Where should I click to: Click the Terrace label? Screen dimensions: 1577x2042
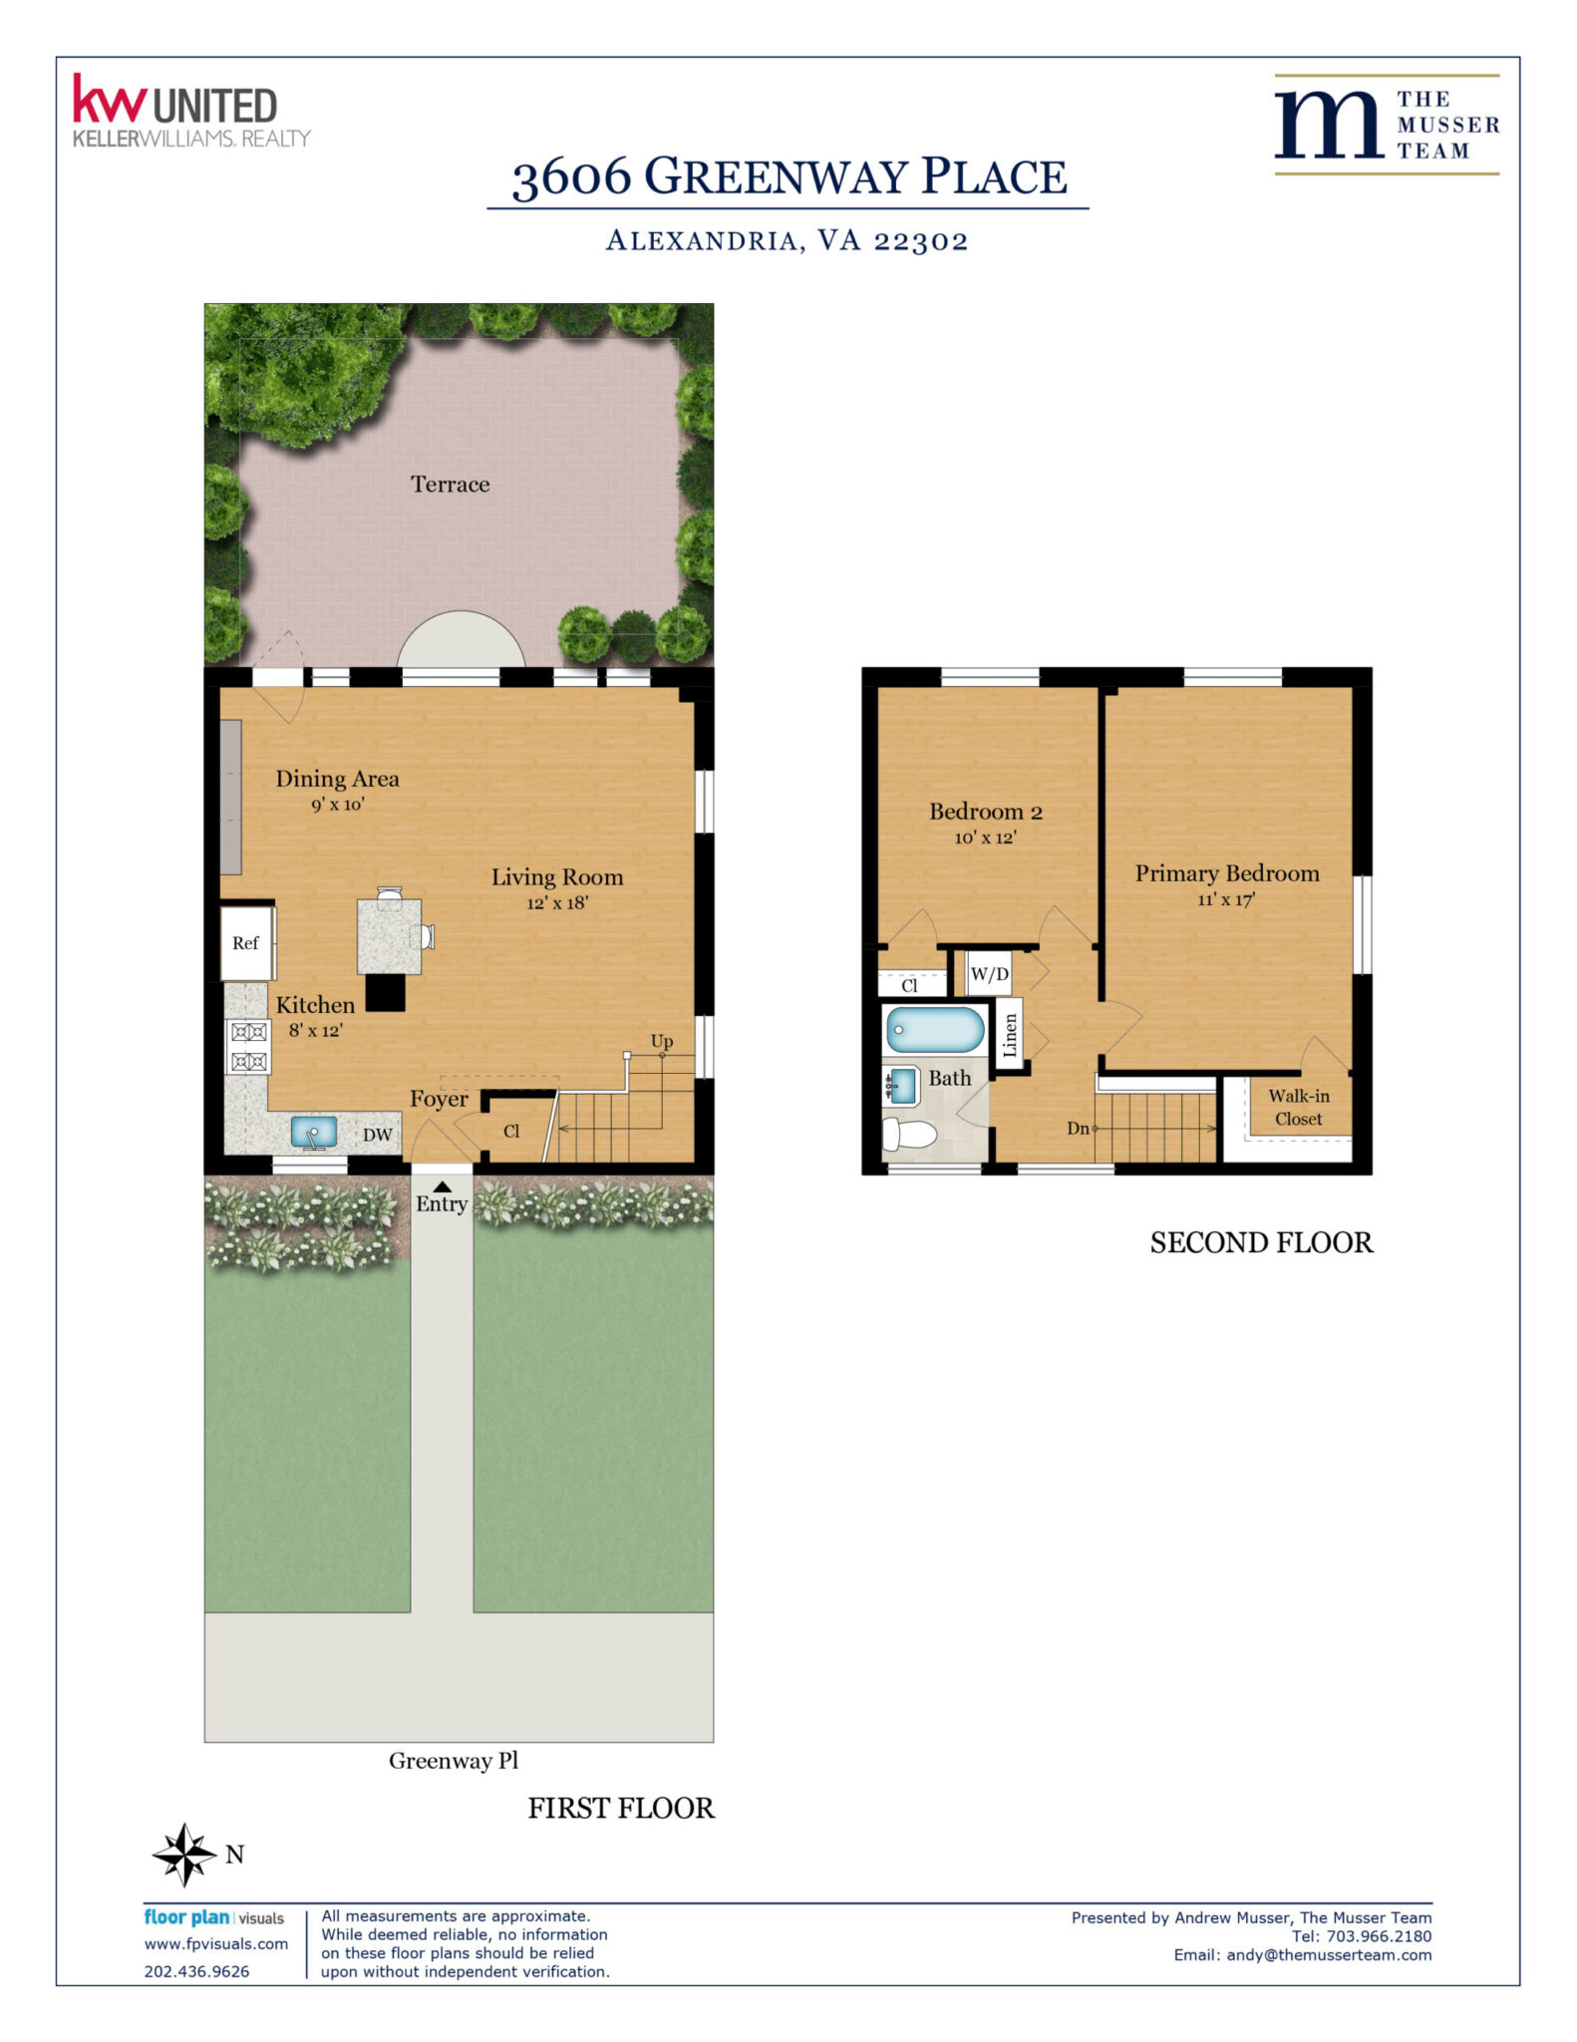pyautogui.click(x=450, y=484)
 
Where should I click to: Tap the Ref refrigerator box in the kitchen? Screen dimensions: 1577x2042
pyautogui.click(x=246, y=942)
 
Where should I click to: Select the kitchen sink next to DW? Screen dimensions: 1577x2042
pyautogui.click(x=313, y=1133)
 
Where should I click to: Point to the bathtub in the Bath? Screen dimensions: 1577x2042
pyautogui.click(x=935, y=1029)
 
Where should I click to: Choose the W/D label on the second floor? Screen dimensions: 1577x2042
pyautogui.click(x=990, y=974)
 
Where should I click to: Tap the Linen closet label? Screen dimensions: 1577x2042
pyautogui.click(x=1010, y=1035)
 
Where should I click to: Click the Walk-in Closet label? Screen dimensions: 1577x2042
pyautogui.click(x=1298, y=1107)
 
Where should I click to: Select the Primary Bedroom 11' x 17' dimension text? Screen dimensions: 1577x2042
pyautogui.click(x=1226, y=899)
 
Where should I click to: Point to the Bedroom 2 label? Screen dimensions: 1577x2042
pyautogui.click(x=986, y=812)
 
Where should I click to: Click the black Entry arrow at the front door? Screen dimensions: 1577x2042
pyautogui.click(x=442, y=1186)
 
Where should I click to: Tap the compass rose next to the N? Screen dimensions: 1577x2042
pyautogui.click(x=184, y=1855)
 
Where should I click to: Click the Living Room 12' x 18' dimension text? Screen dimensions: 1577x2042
pyautogui.click(x=557, y=903)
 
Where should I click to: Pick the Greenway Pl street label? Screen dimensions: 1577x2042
pyautogui.click(x=454, y=1761)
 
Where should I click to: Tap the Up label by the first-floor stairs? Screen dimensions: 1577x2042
pyautogui.click(x=662, y=1042)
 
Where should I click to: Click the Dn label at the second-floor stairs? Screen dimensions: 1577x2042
pyautogui.click(x=1078, y=1129)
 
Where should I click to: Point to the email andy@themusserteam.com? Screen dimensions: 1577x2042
pyautogui.click(x=1329, y=1955)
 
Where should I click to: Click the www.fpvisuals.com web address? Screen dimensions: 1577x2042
pyautogui.click(x=216, y=1944)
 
